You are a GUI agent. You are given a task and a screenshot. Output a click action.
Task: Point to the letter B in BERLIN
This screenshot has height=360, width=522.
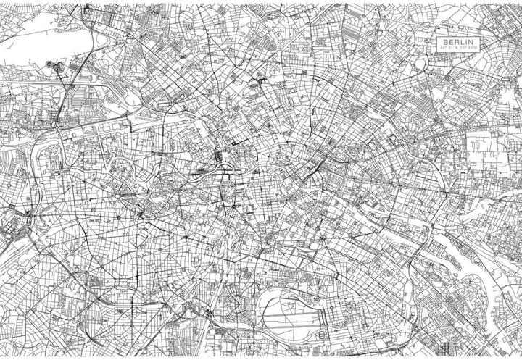click(x=446, y=43)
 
